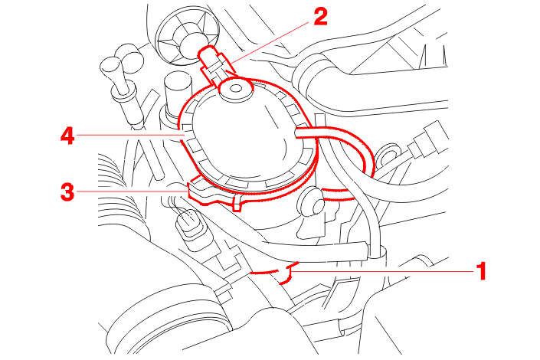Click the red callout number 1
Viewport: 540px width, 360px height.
click(x=481, y=271)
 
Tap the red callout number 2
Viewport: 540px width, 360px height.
click(x=320, y=17)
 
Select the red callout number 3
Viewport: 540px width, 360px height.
click(x=67, y=191)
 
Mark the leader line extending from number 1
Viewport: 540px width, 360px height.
click(x=382, y=271)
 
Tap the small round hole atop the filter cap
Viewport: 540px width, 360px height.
click(x=236, y=89)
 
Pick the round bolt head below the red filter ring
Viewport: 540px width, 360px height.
click(x=311, y=203)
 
